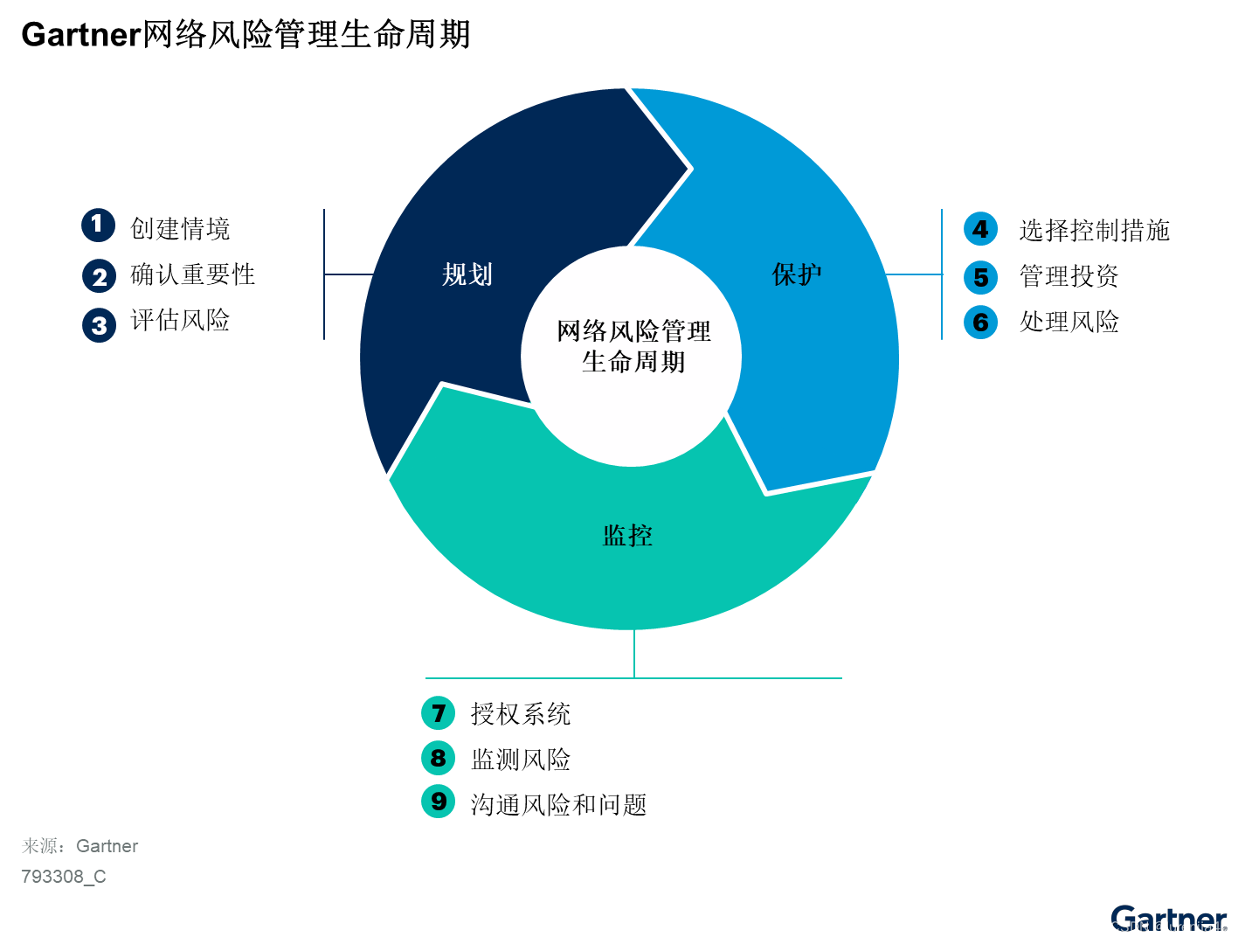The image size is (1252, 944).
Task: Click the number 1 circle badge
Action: coord(98,225)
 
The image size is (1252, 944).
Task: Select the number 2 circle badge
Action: coord(99,277)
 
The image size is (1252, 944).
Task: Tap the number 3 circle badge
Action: coord(99,326)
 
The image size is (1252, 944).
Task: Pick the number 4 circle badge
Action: coord(980,229)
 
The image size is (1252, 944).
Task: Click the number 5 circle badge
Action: coord(980,278)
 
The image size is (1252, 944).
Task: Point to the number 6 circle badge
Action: coord(980,323)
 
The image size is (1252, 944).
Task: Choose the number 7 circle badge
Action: coord(439,713)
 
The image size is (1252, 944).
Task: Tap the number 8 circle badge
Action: coord(439,758)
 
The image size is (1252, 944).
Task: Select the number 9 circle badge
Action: coord(439,801)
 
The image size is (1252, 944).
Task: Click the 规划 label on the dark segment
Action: coord(467,274)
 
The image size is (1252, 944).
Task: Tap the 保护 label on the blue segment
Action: coord(796,274)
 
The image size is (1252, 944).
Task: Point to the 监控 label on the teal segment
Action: coord(627,535)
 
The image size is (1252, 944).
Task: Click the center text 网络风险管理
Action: coord(633,331)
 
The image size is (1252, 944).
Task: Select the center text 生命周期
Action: coord(633,362)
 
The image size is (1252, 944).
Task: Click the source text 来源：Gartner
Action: coord(80,846)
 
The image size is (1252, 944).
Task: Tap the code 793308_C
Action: coord(64,877)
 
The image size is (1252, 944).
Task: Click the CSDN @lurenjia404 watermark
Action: coord(1173,927)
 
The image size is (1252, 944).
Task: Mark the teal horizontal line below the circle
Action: coord(524,678)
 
